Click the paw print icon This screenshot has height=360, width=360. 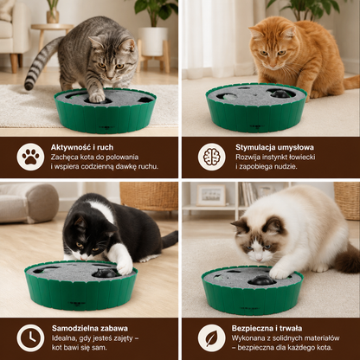[x=30, y=157]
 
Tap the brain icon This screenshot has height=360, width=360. [x=211, y=157]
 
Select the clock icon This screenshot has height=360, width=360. [x=30, y=338]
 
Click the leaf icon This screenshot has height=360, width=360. [x=211, y=338]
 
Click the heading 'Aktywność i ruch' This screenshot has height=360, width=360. [x=82, y=147]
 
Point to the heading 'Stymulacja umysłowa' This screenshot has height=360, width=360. [x=274, y=147]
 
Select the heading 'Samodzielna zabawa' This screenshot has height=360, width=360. [x=90, y=328]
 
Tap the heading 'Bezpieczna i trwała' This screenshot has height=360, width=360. [x=267, y=328]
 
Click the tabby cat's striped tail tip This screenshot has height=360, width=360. [x=29, y=86]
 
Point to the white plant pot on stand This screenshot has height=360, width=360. [x=153, y=42]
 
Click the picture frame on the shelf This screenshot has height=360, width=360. [x=211, y=196]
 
